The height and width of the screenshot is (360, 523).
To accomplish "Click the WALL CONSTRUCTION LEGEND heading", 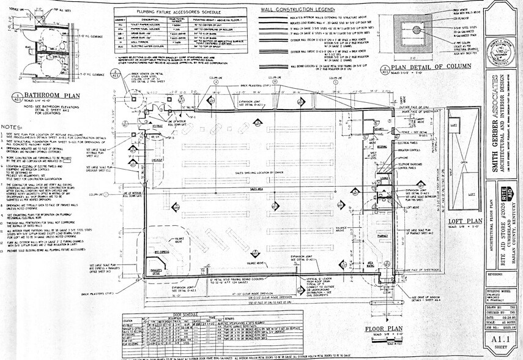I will coord(298,10).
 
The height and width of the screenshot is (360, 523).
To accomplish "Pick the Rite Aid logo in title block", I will coord(500,191).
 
